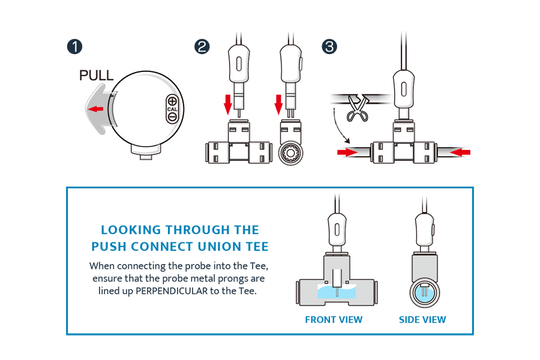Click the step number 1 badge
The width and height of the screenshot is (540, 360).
click(75, 47)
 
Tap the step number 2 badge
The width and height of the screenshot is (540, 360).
click(202, 47)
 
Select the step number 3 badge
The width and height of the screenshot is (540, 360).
click(329, 47)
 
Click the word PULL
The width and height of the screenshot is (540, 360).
click(96, 76)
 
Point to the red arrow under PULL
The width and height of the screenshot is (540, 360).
click(95, 109)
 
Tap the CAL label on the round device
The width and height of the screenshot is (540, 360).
click(172, 109)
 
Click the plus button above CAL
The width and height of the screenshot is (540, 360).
click(172, 101)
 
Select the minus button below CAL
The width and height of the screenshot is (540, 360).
click(172, 118)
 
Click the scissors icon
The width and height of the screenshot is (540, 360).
click(358, 108)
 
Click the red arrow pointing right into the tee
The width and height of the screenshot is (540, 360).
click(347, 152)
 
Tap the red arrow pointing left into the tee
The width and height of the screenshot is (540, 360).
click(460, 152)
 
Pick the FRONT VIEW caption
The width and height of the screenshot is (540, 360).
click(334, 320)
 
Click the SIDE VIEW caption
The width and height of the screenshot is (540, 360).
click(422, 320)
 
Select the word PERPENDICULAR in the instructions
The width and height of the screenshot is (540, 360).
click(172, 291)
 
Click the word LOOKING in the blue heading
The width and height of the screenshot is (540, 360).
click(131, 230)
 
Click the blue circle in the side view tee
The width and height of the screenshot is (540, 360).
click(425, 293)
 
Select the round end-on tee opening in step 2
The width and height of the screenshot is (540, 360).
click(290, 152)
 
